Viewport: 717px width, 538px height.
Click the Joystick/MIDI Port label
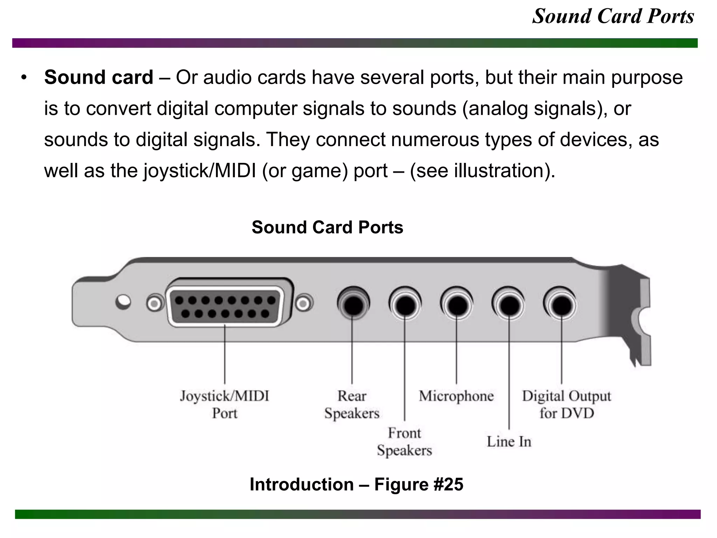pos(224,405)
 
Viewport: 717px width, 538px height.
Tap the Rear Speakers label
pos(352,405)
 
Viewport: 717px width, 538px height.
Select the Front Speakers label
pos(404,442)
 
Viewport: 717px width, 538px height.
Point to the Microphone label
pos(456,396)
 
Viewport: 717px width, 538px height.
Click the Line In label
pos(509,442)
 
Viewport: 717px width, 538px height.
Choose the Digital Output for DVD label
pos(566,405)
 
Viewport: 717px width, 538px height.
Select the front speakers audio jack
pos(405,304)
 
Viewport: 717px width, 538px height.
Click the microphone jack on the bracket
pos(457,304)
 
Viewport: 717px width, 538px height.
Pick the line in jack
pos(509,304)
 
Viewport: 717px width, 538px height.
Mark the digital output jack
pos(561,304)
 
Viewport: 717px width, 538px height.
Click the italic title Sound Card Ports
pos(613,16)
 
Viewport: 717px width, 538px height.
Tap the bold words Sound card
pos(99,77)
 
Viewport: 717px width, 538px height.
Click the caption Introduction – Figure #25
pos(356,484)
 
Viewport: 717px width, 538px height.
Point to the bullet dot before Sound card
pos(24,78)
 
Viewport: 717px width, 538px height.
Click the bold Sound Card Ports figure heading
pos(327,227)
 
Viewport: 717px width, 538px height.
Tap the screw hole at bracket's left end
pos(123,302)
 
